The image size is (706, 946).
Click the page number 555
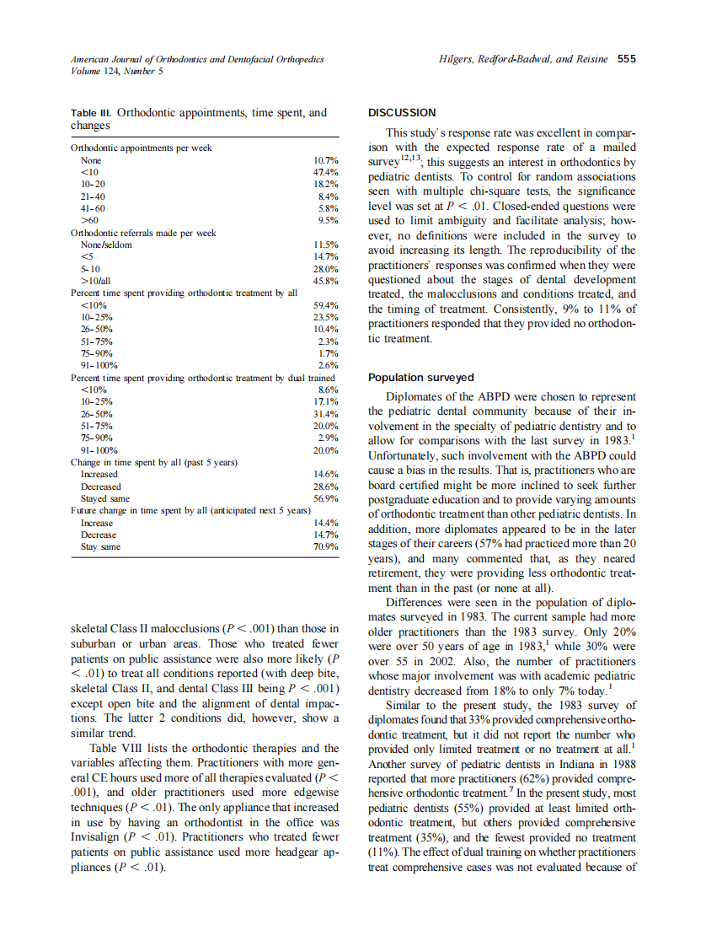627,59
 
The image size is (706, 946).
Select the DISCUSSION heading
403,112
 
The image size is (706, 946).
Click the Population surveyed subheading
421,378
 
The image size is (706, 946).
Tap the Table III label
91,112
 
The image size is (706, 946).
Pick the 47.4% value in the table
325,171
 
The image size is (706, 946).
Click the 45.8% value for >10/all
325,281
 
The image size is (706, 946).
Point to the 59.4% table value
325,305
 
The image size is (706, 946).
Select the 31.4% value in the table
325,415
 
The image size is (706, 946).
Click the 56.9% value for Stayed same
325,499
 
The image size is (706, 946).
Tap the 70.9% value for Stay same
325,547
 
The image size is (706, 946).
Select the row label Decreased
100,486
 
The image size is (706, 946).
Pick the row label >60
88,220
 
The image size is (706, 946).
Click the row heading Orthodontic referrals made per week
144,233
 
